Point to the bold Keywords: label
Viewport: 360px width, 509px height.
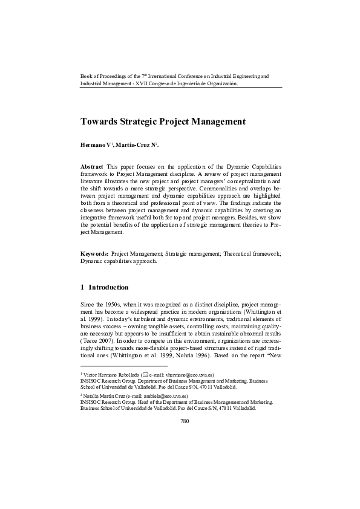[95, 254]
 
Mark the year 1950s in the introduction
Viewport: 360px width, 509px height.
[107, 304]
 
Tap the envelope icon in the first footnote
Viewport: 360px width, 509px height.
[143, 375]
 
